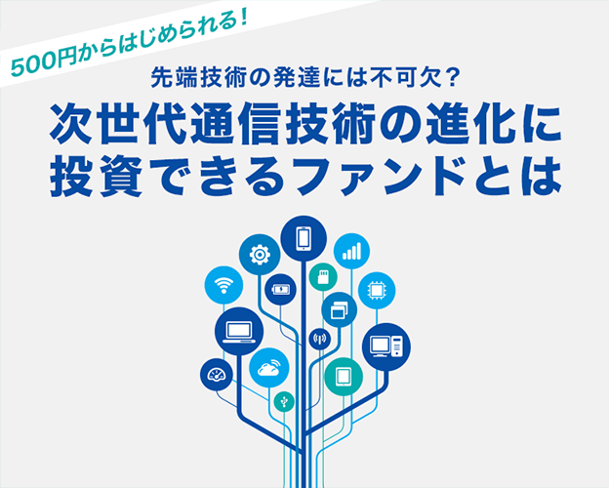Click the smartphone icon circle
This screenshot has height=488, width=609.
click(x=304, y=238)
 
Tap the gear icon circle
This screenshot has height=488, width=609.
click(x=260, y=255)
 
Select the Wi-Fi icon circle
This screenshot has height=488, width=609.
click(x=223, y=285)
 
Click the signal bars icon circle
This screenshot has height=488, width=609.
click(x=351, y=251)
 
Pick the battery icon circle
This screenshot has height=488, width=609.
click(x=280, y=290)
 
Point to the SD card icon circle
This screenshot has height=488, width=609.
click(x=323, y=277)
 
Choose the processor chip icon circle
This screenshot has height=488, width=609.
click(x=377, y=291)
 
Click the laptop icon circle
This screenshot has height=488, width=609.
click(x=239, y=331)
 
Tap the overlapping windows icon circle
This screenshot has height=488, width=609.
click(x=339, y=309)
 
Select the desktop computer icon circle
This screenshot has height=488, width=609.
click(x=386, y=346)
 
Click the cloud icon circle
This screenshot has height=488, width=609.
click(x=269, y=368)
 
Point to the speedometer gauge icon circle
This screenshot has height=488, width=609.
click(x=217, y=375)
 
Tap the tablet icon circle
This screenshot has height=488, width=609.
click(x=344, y=377)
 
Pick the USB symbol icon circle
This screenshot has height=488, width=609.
click(x=284, y=401)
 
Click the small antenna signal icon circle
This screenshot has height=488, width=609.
click(x=320, y=339)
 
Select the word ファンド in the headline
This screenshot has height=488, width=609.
click(x=381, y=177)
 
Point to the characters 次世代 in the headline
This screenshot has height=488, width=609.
click(x=119, y=124)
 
